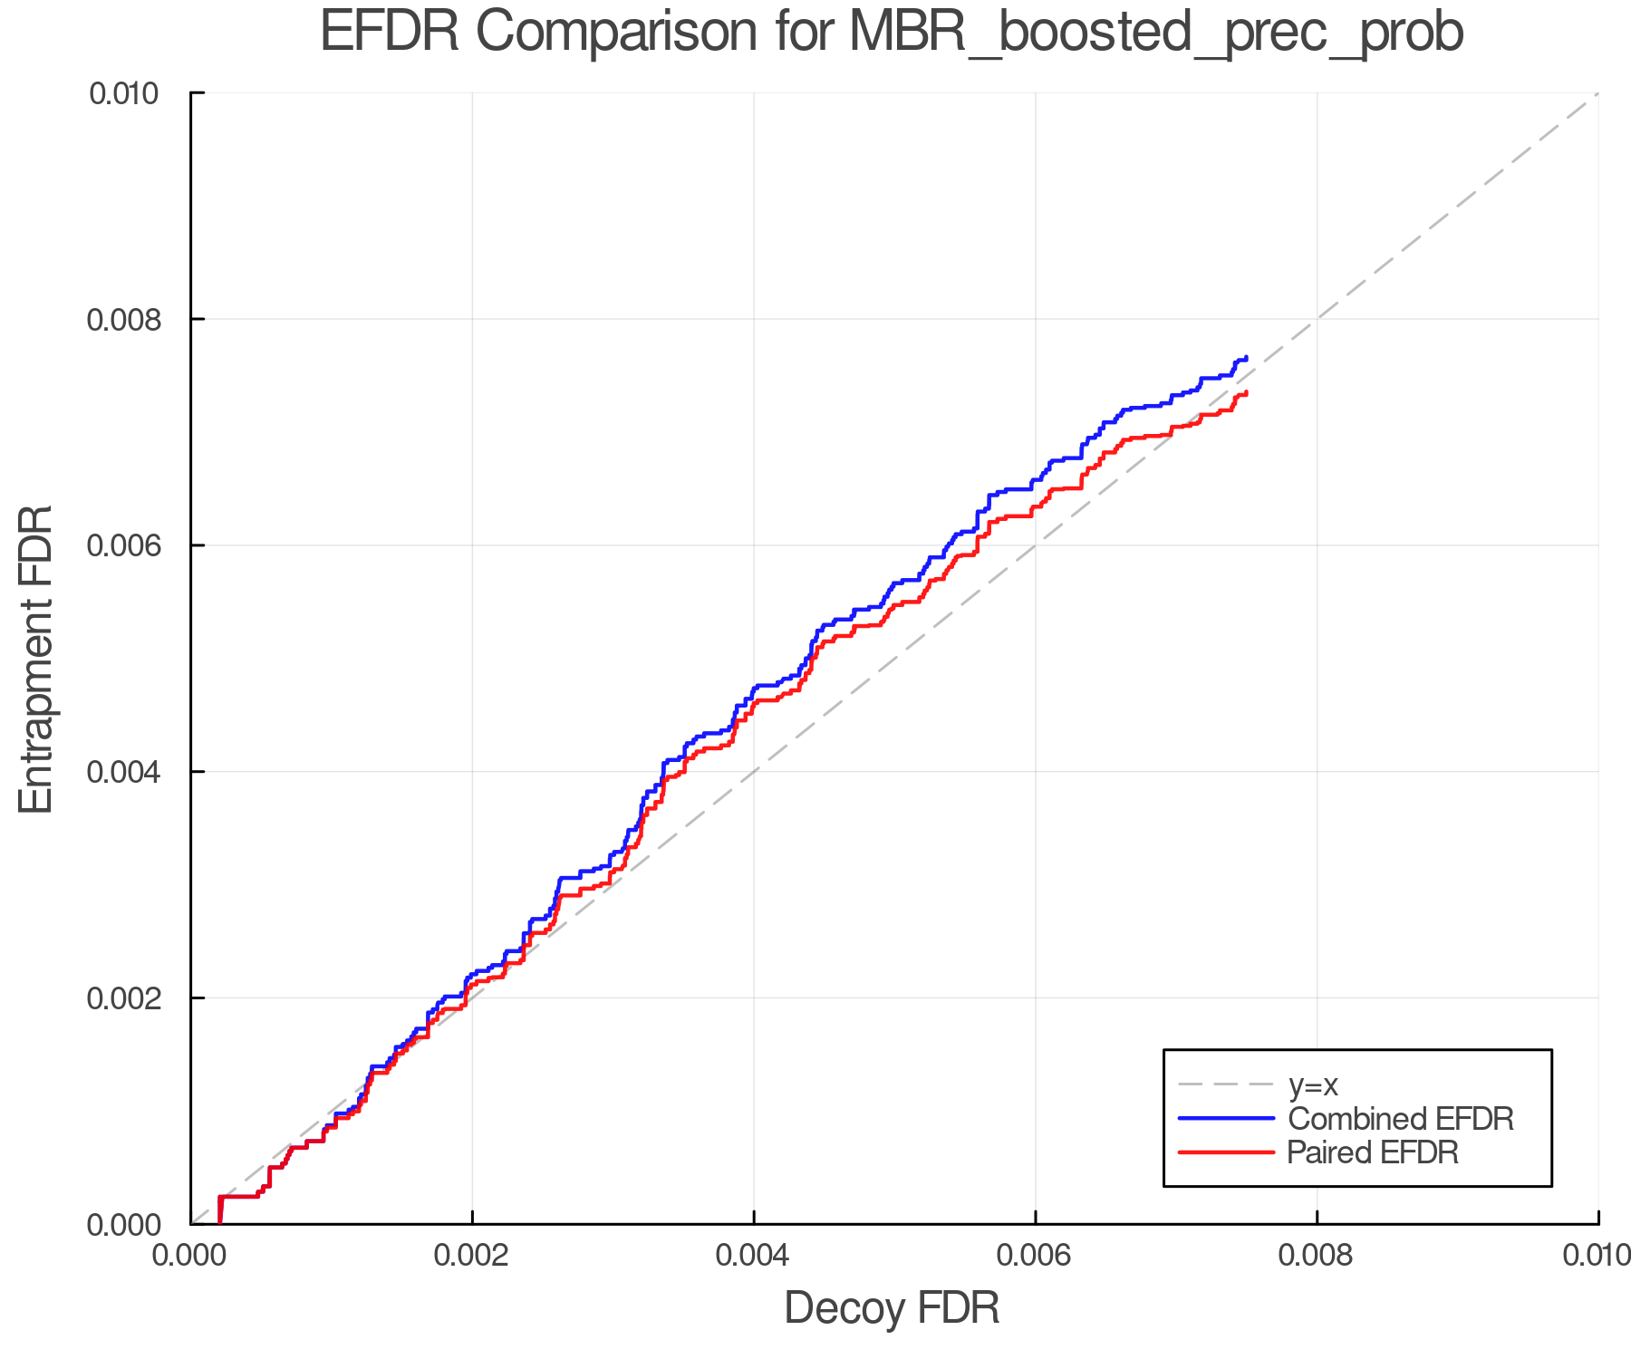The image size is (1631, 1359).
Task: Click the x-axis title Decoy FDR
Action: coord(892,1308)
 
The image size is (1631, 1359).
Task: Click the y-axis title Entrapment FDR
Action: coord(36,660)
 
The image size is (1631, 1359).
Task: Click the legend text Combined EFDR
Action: coord(1400,1119)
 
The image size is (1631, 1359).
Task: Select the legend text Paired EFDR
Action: coord(1372,1152)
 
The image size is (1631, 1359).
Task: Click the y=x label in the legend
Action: coord(1313,1084)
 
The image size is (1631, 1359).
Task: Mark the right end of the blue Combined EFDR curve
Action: coord(1247,357)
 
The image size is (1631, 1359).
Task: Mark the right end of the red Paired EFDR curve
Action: coord(1247,391)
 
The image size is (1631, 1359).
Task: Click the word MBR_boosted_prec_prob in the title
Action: coord(1156,33)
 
